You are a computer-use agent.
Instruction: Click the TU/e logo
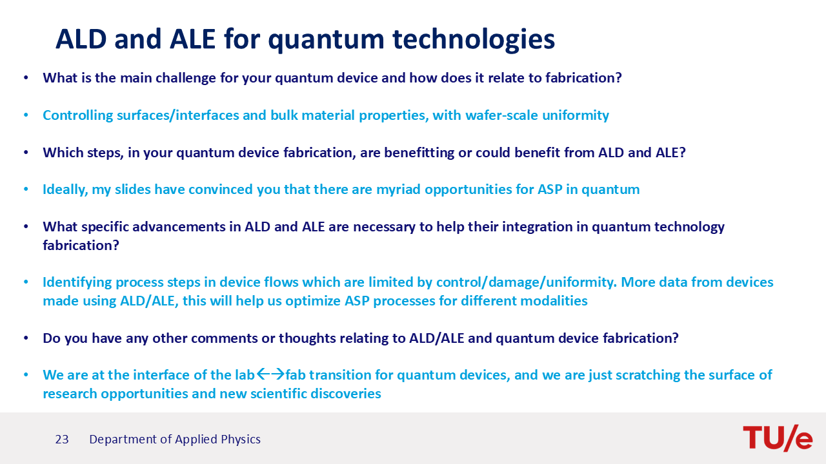pyautogui.click(x=778, y=438)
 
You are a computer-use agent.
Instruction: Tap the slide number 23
pyautogui.click(x=62, y=440)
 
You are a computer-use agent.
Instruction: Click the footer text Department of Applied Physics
pyautogui.click(x=175, y=440)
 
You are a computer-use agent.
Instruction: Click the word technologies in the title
pyautogui.click(x=474, y=39)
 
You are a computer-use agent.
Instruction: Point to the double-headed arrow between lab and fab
pyautogui.click(x=270, y=374)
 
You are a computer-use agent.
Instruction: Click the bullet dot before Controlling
pyautogui.click(x=26, y=115)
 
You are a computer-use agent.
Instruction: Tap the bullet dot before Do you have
pyautogui.click(x=26, y=338)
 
